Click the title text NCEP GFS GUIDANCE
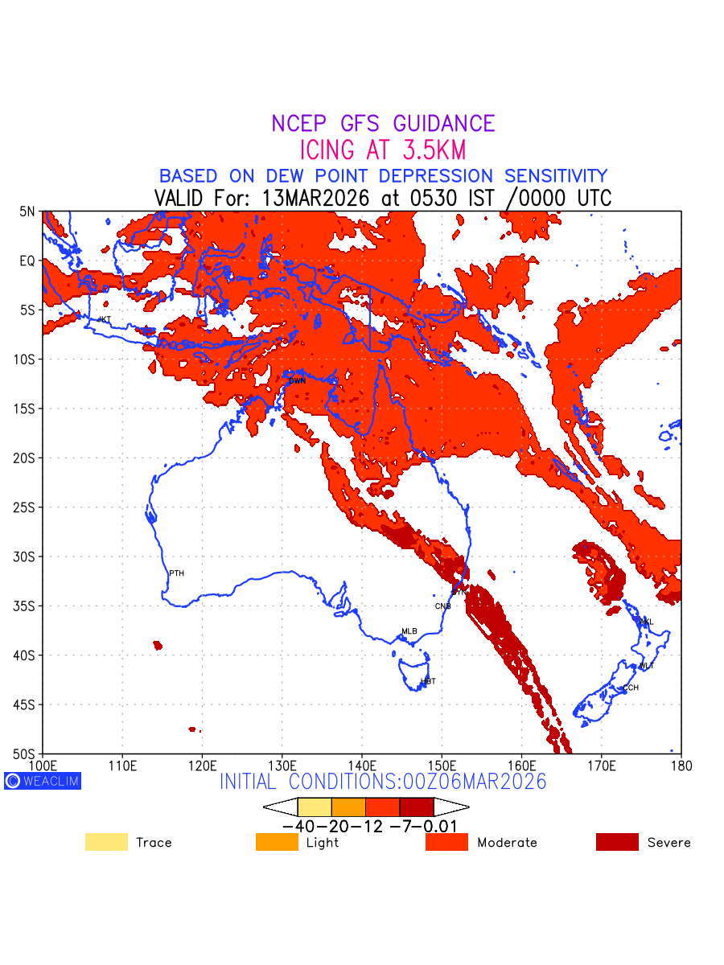(x=383, y=124)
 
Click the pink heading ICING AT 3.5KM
(x=383, y=150)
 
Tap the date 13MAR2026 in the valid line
(x=319, y=198)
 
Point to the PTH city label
(x=176, y=573)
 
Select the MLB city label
(x=409, y=631)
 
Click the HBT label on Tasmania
(x=428, y=681)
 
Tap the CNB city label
(x=442, y=606)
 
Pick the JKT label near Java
(x=104, y=319)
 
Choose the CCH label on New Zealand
(x=631, y=688)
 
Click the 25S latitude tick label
(x=27, y=507)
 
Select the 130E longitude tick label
(x=282, y=765)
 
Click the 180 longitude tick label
(x=681, y=765)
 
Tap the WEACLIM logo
(x=43, y=781)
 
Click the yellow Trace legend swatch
(x=106, y=842)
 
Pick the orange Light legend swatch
(x=276, y=842)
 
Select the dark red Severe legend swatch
(x=617, y=842)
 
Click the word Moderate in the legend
(x=507, y=843)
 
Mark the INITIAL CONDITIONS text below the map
(x=383, y=782)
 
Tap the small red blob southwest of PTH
(x=158, y=645)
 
